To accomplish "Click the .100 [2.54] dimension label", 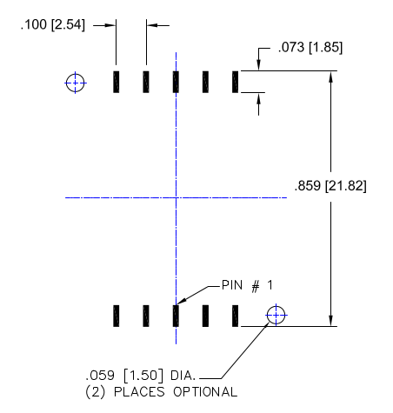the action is pyautogui.click(x=53, y=24).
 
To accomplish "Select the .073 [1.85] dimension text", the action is pyautogui.click(x=310, y=47).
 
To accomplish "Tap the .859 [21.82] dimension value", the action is pyautogui.click(x=330, y=186).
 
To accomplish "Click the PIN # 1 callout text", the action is pyautogui.click(x=247, y=285).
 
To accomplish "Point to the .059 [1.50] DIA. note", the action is pyautogui.click(x=141, y=376).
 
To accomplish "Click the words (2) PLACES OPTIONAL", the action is pyautogui.click(x=162, y=392).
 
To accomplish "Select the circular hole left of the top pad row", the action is pyautogui.click(x=76, y=83).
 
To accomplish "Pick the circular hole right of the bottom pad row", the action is pyautogui.click(x=276, y=315).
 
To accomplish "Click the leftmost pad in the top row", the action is pyautogui.click(x=117, y=82).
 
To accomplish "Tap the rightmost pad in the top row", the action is pyautogui.click(x=235, y=82).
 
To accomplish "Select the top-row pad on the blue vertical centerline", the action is pyautogui.click(x=176, y=82).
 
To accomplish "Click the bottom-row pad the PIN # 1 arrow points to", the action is pyautogui.click(x=176, y=316).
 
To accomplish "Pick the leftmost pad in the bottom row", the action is pyautogui.click(x=117, y=316).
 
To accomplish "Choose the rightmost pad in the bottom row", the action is pyautogui.click(x=235, y=316).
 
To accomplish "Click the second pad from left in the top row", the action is pyautogui.click(x=146, y=82).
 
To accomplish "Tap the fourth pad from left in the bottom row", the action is pyautogui.click(x=205, y=316).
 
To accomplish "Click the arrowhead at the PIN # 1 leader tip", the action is pyautogui.click(x=177, y=303).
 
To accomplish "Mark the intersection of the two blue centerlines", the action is pyautogui.click(x=176, y=197).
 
